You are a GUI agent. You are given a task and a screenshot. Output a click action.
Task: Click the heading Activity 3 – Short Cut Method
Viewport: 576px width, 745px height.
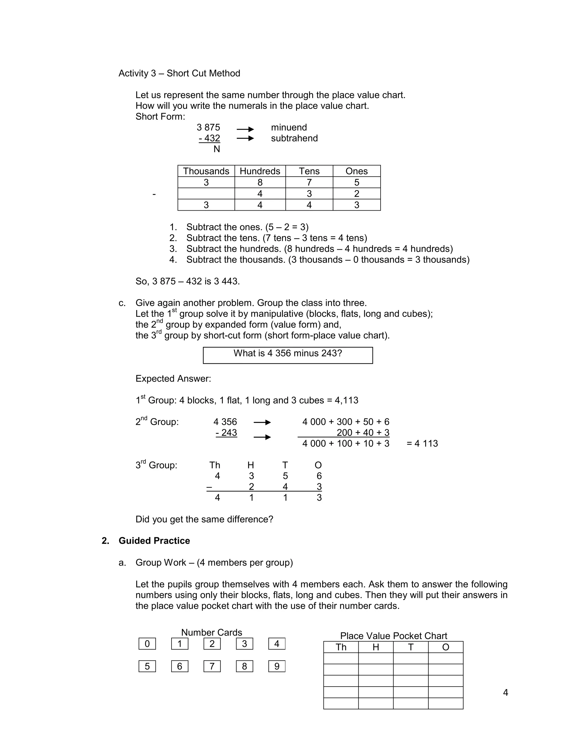point(179,73)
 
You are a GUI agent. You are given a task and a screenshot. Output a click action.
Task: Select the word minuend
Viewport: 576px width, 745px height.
point(289,127)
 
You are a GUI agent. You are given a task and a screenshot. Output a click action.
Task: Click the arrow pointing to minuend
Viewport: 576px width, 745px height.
point(245,129)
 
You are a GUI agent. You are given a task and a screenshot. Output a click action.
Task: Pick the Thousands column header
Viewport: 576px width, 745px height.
point(206,171)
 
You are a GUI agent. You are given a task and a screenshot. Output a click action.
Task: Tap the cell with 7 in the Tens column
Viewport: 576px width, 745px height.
point(309,182)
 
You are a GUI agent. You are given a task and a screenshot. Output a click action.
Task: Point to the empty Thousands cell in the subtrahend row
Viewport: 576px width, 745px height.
point(206,194)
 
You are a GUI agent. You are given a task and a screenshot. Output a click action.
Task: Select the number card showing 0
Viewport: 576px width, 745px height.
point(147,644)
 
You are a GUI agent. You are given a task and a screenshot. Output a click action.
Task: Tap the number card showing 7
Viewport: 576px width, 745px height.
point(212,666)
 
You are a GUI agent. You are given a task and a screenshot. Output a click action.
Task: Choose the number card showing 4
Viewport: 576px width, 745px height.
point(277,644)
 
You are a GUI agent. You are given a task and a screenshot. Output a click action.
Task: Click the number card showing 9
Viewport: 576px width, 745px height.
point(277,666)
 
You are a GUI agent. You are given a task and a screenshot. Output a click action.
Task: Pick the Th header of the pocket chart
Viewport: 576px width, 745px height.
point(341,647)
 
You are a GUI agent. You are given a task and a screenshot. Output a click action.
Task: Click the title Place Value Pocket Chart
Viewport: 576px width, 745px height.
point(393,636)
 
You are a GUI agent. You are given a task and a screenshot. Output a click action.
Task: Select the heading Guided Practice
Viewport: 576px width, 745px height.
point(154,541)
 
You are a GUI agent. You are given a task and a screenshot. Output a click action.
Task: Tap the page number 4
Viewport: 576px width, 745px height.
point(505,692)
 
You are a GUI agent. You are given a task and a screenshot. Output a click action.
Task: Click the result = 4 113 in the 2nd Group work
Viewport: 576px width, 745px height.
point(422,443)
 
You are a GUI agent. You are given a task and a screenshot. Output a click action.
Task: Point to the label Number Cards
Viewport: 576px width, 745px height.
point(211,633)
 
